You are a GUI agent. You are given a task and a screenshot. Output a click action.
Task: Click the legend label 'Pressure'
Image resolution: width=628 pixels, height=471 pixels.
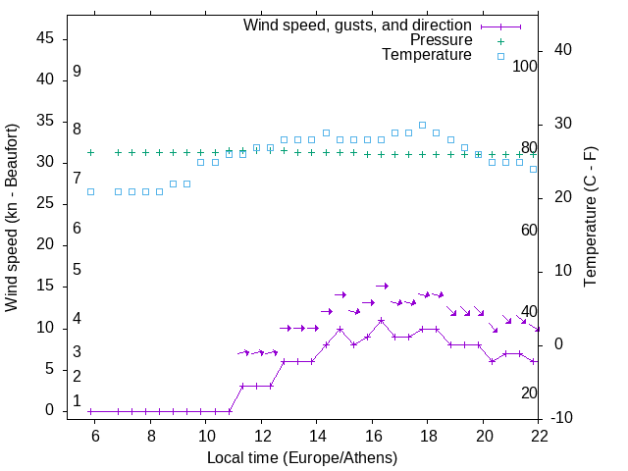441,40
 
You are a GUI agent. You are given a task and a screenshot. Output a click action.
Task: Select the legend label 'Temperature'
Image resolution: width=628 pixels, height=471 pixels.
427,55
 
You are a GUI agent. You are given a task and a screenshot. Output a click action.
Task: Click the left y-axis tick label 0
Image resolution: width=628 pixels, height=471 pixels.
52,411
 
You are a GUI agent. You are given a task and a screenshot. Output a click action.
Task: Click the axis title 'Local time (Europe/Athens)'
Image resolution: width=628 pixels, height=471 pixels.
302,457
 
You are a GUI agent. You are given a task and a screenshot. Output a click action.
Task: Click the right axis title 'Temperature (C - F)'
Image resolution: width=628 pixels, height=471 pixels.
590,217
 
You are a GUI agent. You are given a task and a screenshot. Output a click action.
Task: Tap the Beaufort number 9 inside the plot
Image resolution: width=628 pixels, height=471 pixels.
77,72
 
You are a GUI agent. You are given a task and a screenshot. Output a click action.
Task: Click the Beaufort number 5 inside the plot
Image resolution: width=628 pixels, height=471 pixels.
77,270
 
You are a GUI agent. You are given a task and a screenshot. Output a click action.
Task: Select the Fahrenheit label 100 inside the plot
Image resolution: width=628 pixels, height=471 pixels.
525,66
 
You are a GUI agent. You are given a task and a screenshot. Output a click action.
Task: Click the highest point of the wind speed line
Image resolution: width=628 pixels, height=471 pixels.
382,321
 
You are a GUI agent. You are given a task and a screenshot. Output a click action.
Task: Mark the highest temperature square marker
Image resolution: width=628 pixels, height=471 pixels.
423,125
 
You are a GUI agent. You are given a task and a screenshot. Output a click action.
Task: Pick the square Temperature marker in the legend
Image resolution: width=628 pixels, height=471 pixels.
500,56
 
